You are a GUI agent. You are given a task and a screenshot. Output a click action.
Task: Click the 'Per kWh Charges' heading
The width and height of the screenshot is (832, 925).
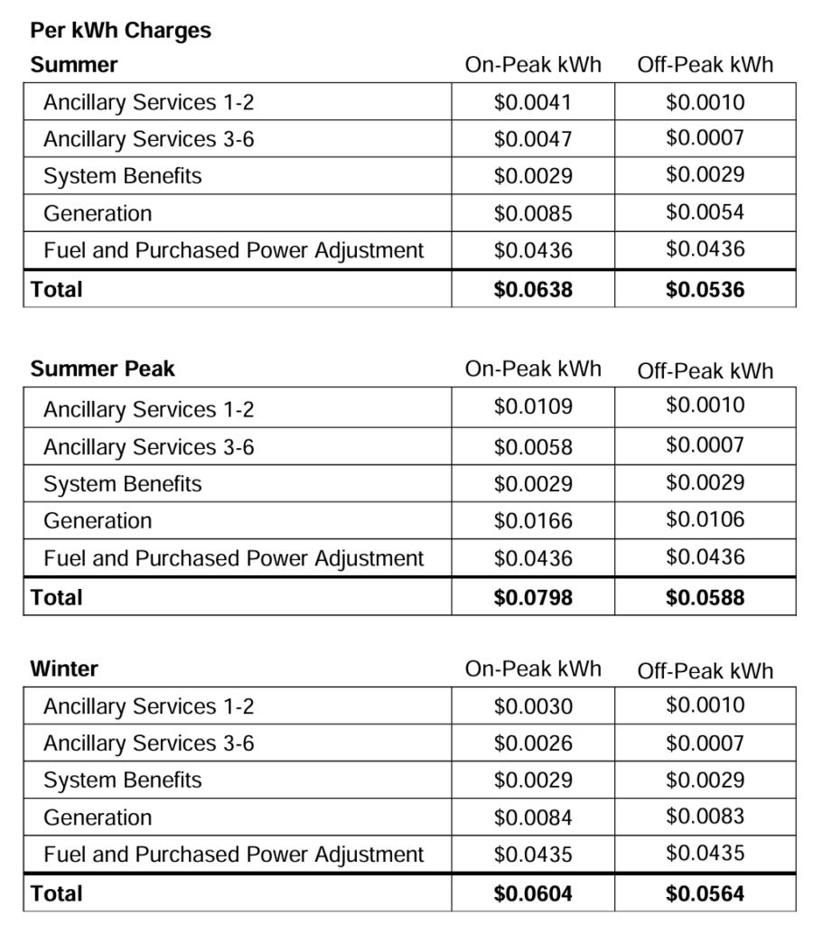(120, 31)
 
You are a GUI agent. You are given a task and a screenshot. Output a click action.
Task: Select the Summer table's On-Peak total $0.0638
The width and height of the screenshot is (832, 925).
(533, 290)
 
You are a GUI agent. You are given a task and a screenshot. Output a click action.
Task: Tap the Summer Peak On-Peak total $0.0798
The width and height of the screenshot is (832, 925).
(533, 597)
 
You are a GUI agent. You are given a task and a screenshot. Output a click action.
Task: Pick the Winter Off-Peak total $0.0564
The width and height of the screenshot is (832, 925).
(705, 893)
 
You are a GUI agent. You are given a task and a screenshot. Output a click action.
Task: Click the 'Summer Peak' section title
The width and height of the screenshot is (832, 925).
(102, 369)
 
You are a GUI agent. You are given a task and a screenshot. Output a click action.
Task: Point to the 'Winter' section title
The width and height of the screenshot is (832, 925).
(64, 669)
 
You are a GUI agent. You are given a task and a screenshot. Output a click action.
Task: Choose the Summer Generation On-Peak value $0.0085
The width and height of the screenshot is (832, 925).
(533, 214)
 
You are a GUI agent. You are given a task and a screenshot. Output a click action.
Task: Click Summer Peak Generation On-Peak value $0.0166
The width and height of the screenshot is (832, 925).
(533, 521)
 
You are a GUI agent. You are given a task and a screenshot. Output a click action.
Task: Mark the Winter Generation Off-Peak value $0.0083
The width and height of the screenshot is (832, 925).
(705, 817)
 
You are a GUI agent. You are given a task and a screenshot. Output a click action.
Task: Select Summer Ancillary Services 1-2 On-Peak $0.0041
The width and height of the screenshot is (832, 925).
(533, 102)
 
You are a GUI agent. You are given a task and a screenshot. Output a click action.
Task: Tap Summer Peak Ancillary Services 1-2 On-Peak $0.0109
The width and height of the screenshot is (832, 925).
(533, 406)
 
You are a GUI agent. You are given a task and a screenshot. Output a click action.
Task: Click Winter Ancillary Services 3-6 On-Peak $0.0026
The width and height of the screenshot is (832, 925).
(533, 743)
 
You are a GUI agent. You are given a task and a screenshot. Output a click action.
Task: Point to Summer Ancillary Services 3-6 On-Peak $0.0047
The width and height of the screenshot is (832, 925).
(533, 139)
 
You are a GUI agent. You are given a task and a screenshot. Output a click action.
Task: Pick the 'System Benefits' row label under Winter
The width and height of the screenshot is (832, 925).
(123, 780)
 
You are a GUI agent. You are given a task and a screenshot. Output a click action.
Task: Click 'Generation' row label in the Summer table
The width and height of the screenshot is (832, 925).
(98, 214)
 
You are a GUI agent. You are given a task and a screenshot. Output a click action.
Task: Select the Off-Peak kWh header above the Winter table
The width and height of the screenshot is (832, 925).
(705, 670)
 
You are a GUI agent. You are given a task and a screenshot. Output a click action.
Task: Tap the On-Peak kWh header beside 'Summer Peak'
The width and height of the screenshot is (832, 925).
(533, 369)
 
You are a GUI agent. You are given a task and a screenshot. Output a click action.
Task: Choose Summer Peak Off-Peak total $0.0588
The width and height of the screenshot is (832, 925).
(705, 597)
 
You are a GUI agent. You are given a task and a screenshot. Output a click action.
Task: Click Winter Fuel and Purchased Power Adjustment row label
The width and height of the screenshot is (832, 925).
(233, 855)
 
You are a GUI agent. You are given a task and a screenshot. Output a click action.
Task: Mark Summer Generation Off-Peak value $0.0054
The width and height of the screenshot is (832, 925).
(705, 213)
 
